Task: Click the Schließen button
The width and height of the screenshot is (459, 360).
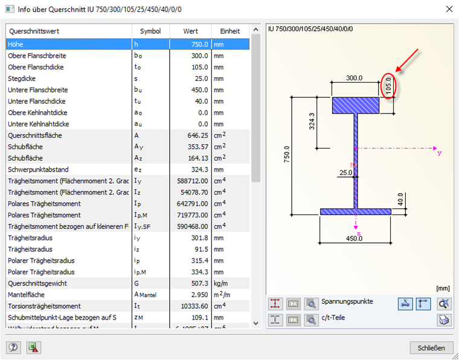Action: [431, 347]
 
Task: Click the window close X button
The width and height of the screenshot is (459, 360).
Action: [448, 9]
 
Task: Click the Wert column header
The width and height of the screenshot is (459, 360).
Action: [191, 31]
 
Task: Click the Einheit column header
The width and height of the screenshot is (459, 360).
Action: [230, 31]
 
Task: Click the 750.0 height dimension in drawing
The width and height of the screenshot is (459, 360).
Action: [286, 154]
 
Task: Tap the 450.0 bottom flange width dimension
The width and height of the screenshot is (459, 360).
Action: [354, 238]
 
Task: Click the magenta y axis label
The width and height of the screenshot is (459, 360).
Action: [439, 153]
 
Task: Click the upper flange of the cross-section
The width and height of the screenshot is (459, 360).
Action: [356, 106]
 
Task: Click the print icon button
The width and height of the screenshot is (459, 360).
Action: [445, 320]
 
